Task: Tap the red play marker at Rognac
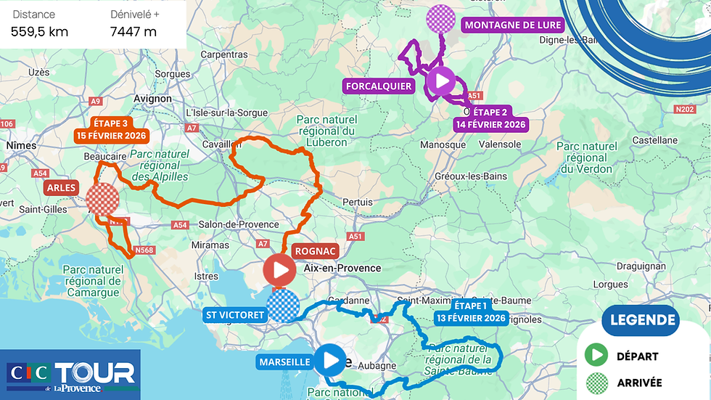click(x=279, y=271)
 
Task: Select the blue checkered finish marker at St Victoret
click(x=282, y=305)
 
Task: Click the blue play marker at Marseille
click(x=332, y=359)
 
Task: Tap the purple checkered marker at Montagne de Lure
click(x=440, y=18)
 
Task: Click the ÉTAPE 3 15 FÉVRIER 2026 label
click(x=110, y=129)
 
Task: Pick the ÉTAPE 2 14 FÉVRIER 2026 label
click(x=491, y=118)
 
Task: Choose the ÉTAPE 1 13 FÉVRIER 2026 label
click(x=471, y=311)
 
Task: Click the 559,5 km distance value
click(x=40, y=31)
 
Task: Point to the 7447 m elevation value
click(x=133, y=31)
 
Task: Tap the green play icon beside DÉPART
click(x=596, y=356)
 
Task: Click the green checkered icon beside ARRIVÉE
click(x=596, y=382)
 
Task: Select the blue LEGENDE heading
click(x=643, y=320)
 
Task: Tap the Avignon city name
click(x=153, y=99)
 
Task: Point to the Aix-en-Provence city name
click(x=342, y=268)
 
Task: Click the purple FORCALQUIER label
click(x=379, y=86)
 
